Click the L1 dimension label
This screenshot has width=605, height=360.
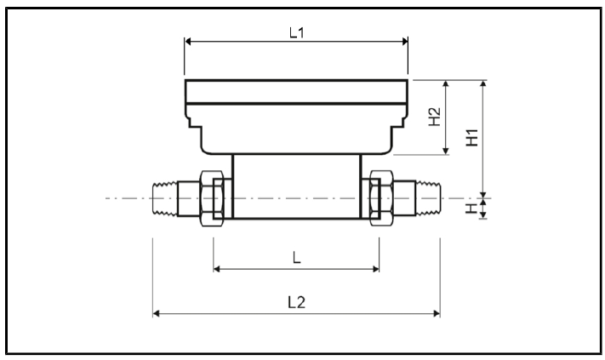(x=295, y=33)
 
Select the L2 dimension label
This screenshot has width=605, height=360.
(x=295, y=304)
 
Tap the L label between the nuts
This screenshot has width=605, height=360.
(x=296, y=259)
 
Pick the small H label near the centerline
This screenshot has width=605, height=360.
(x=473, y=207)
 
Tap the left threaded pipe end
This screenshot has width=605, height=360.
(x=171, y=198)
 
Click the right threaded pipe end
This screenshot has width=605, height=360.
(x=420, y=198)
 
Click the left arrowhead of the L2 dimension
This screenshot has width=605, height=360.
(x=156, y=313)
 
